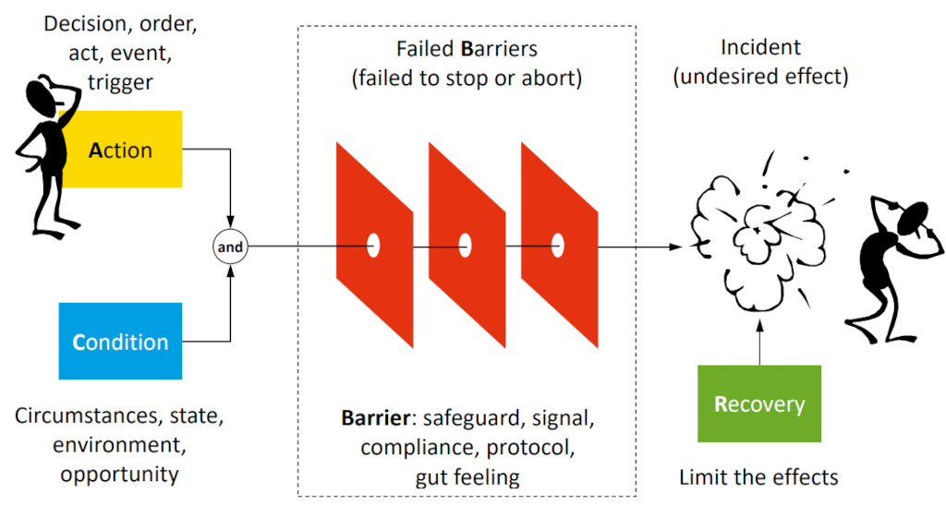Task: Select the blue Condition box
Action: (x=120, y=342)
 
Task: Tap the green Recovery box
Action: (x=759, y=404)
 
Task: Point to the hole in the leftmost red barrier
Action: (x=373, y=246)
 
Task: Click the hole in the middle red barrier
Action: (x=466, y=246)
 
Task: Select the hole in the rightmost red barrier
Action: (x=558, y=246)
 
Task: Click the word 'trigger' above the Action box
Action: (x=120, y=82)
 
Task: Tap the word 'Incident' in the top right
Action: (x=761, y=47)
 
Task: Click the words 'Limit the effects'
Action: (x=758, y=477)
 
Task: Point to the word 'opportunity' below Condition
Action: (x=119, y=475)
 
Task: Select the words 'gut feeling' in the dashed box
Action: (x=467, y=477)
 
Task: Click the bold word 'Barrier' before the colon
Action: (x=374, y=418)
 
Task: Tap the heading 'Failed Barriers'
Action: (x=467, y=49)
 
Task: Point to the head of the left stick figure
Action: (x=42, y=93)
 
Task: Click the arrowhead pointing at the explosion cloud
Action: (x=679, y=247)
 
